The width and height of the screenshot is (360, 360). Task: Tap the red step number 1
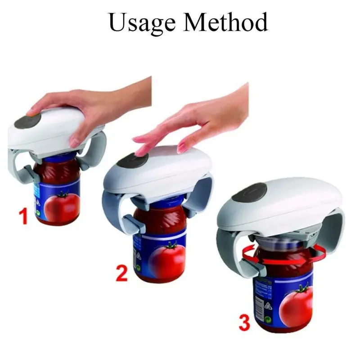coord(23,216)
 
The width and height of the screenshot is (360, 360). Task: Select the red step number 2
coord(121,273)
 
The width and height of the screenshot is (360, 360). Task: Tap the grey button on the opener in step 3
coord(249,193)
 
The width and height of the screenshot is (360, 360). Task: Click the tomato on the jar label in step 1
coord(60,205)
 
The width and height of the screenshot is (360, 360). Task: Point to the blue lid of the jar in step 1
coord(60,159)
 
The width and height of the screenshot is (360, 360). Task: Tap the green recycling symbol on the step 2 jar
coord(139,268)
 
